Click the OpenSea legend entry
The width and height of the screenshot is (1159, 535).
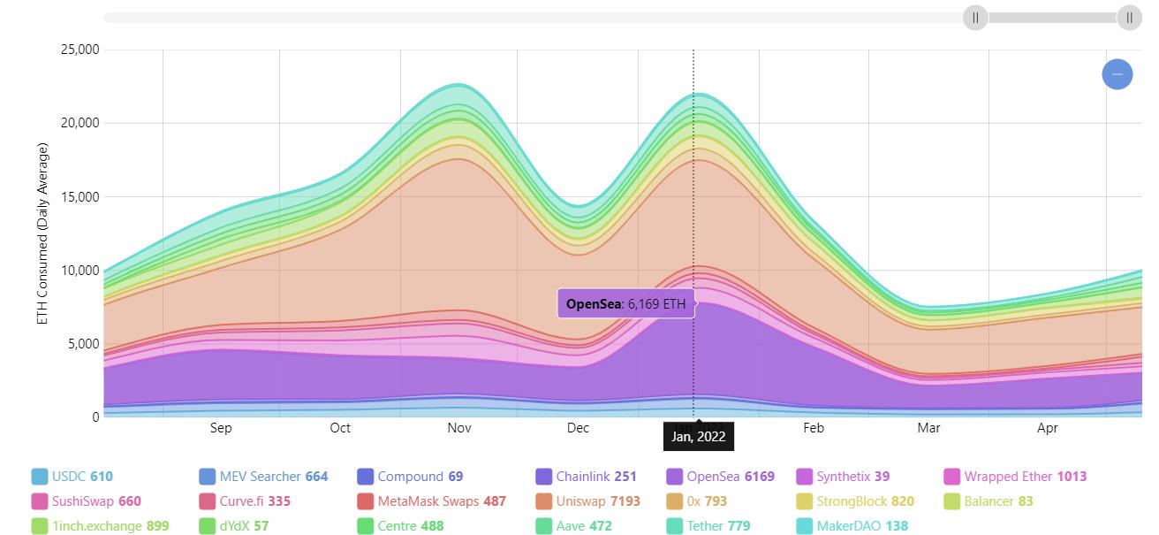click(720, 477)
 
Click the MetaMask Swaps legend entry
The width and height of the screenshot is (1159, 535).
click(442, 501)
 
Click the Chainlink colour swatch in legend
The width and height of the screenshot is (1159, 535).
click(544, 477)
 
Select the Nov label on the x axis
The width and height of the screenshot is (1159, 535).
click(458, 428)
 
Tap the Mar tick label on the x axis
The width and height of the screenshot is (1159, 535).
click(928, 428)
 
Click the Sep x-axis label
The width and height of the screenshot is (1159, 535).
click(221, 428)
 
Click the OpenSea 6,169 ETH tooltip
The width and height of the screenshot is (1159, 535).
click(620, 304)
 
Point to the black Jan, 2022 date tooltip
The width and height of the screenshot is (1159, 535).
click(698, 436)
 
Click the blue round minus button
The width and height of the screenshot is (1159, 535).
click(1117, 74)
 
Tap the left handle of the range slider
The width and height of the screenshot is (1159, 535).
click(975, 18)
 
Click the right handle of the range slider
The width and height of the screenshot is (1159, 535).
click(1129, 18)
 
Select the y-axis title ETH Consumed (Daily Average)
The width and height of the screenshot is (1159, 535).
click(43, 233)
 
